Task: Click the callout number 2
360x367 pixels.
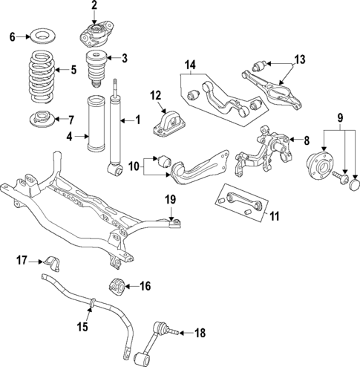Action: pos(94,6)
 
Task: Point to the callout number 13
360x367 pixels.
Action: pos(299,59)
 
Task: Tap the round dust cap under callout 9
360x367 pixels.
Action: pos(353,184)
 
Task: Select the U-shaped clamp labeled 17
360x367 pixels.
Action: pos(52,263)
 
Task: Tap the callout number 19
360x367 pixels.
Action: pos(169,198)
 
